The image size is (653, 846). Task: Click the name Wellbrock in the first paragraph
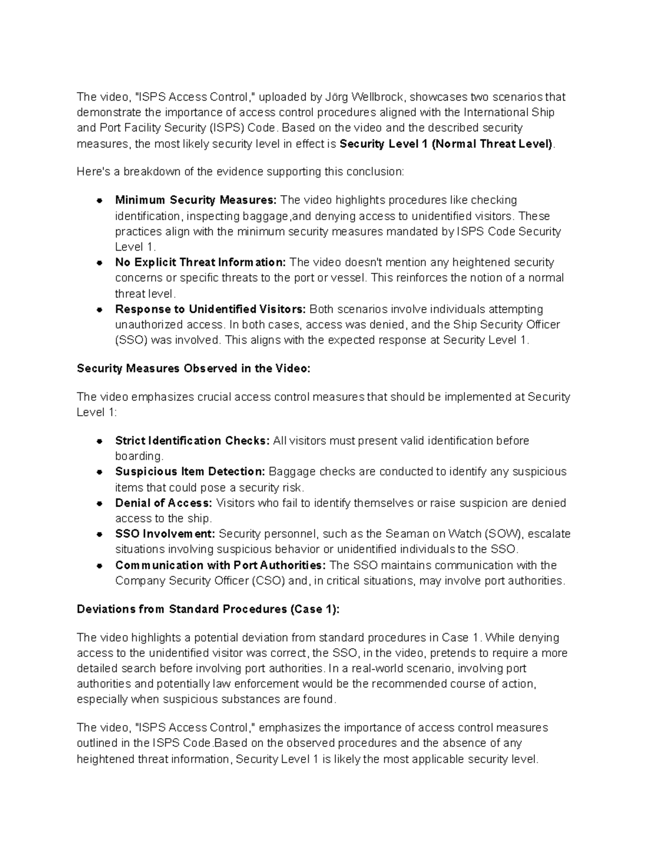point(378,97)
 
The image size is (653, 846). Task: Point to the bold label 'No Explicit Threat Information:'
point(200,263)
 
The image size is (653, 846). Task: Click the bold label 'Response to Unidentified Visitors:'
point(211,309)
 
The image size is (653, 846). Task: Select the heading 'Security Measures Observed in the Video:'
point(194,368)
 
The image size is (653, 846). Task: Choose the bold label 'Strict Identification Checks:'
point(192,441)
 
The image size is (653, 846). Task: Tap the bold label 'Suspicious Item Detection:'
point(190,472)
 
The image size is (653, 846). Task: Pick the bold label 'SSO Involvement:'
point(165,534)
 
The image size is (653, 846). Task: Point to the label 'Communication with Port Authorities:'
point(221,565)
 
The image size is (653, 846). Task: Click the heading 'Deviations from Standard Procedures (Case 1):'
point(208,609)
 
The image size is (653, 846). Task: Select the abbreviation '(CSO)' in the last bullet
point(268,581)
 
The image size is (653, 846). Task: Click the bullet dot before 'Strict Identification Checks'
point(100,441)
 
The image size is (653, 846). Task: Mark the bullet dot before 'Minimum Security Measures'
point(100,200)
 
